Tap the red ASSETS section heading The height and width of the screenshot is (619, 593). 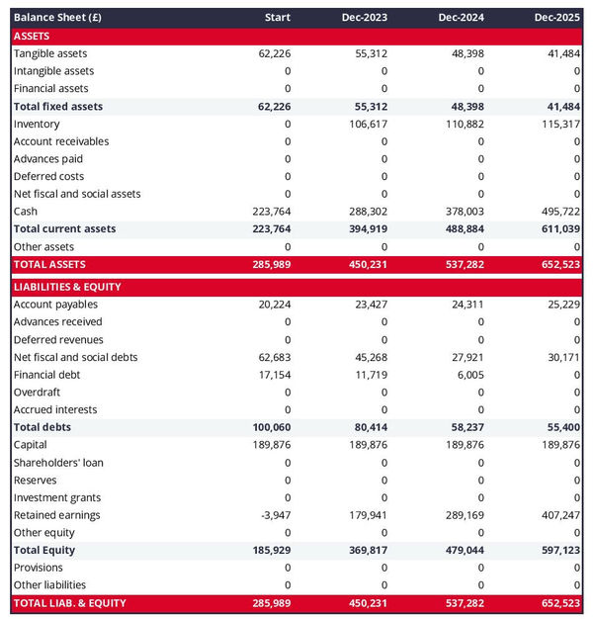(x=32, y=36)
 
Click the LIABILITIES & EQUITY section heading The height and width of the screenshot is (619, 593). (x=66, y=287)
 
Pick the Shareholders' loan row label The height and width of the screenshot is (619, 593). (x=58, y=463)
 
